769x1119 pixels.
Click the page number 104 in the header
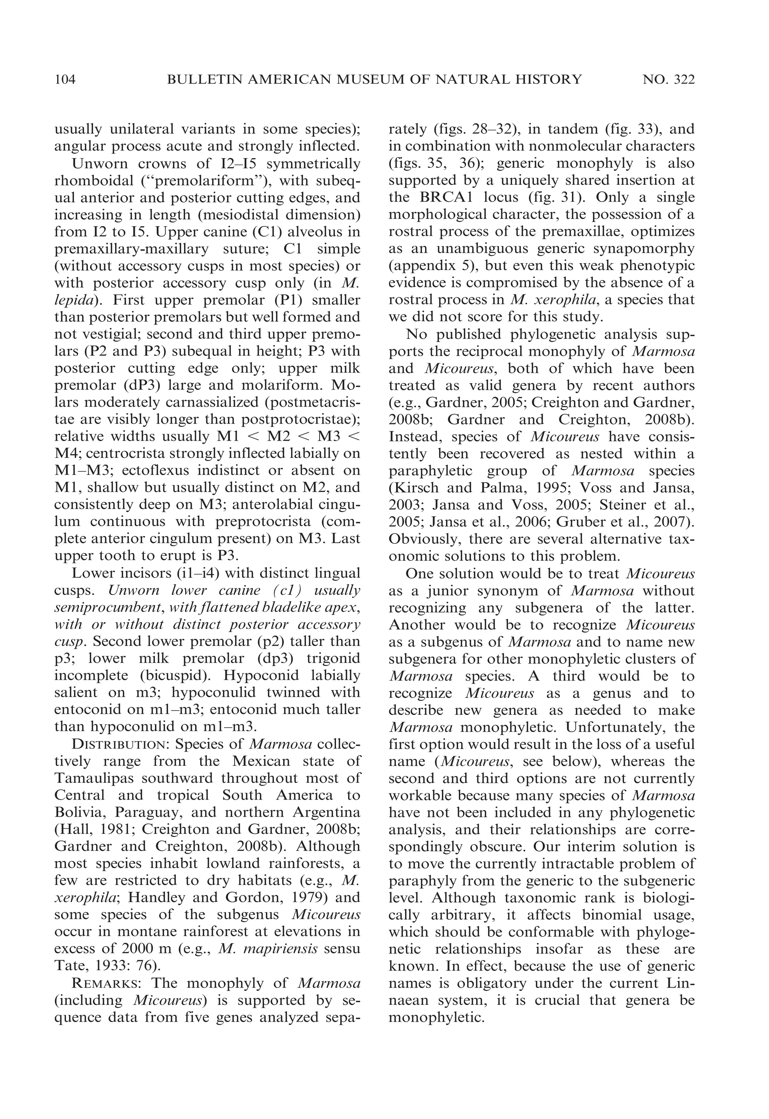(65, 79)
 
